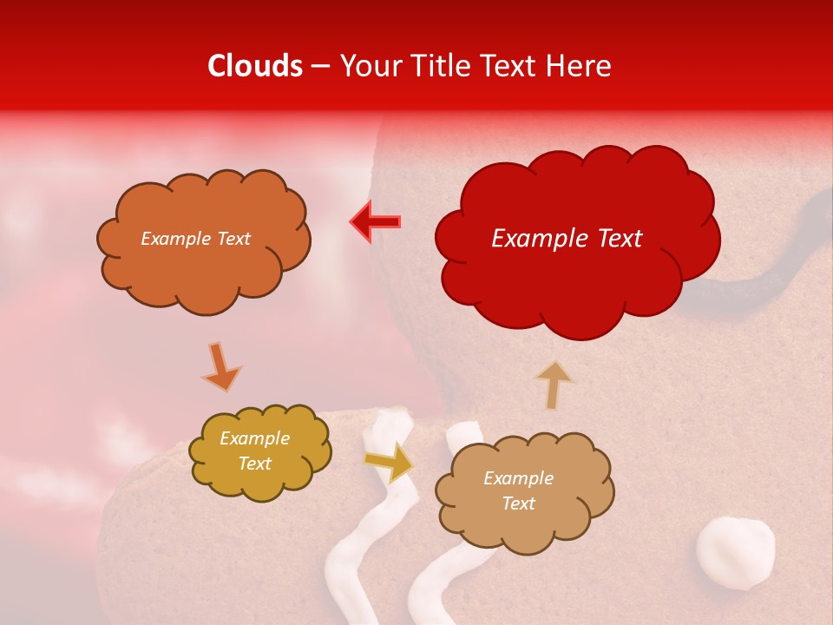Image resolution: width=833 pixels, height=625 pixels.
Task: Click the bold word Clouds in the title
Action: click(x=255, y=66)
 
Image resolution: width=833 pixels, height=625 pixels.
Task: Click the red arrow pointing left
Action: click(x=375, y=222)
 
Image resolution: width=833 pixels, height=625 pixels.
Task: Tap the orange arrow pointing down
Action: click(x=221, y=365)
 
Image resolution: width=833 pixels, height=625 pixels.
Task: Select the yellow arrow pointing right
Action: click(x=390, y=462)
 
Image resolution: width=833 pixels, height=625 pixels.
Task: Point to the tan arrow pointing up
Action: click(x=553, y=384)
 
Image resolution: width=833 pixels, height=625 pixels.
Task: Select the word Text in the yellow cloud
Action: click(x=255, y=464)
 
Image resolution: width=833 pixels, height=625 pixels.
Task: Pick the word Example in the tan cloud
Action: click(x=518, y=478)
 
